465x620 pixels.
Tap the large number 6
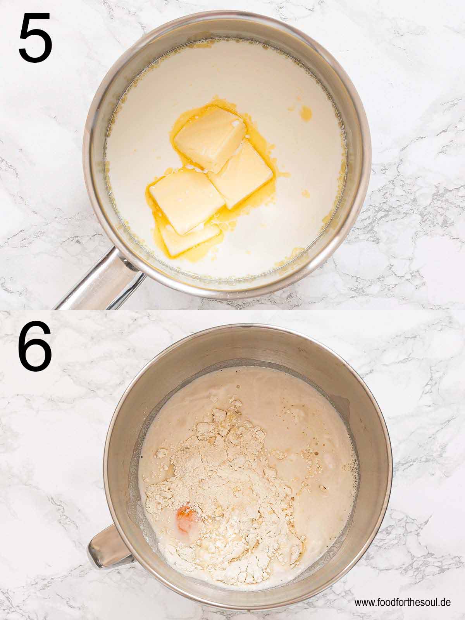pos(35,346)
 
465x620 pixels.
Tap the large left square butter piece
pos(186,196)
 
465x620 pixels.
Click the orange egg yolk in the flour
pos(185,512)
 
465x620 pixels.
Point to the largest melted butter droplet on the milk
pos(306,113)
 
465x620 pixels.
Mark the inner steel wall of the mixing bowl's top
pos(248,345)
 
